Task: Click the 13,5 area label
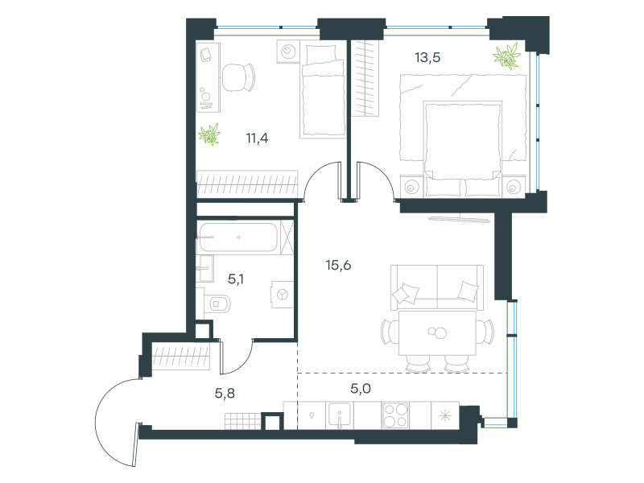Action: pyautogui.click(x=427, y=57)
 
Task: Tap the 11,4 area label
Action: pyautogui.click(x=257, y=138)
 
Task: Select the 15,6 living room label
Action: pyautogui.click(x=338, y=266)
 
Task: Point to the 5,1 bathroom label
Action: pyautogui.click(x=236, y=279)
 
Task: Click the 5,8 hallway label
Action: pyautogui.click(x=225, y=394)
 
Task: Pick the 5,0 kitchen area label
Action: pyautogui.click(x=361, y=389)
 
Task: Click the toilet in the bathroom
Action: pyautogui.click(x=217, y=304)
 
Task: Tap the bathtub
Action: pyautogui.click(x=238, y=237)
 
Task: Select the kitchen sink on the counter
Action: pyautogui.click(x=339, y=415)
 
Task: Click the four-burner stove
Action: pyautogui.click(x=395, y=415)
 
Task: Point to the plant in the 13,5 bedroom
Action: pyautogui.click(x=507, y=56)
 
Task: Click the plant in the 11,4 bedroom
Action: pyautogui.click(x=209, y=134)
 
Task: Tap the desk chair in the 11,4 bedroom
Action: pyautogui.click(x=238, y=77)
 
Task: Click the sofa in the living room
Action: pyautogui.click(x=437, y=287)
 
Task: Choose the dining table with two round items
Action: pyautogui.click(x=437, y=332)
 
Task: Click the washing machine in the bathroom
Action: pyautogui.click(x=283, y=294)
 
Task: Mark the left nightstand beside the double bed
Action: pyautogui.click(x=411, y=187)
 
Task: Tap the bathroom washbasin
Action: pyautogui.click(x=204, y=268)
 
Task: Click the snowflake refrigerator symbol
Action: pyautogui.click(x=445, y=415)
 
